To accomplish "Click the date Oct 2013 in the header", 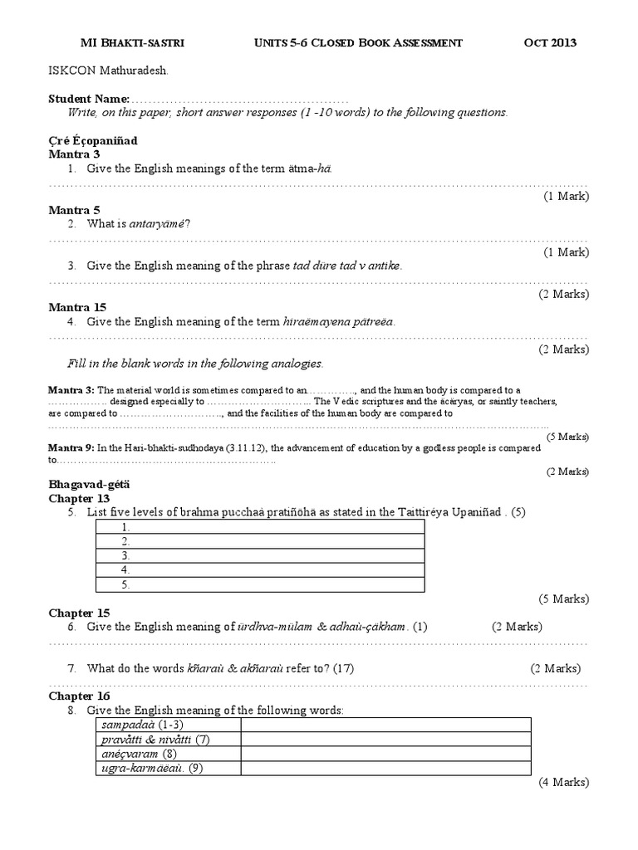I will [550, 43].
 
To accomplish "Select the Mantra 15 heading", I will [76, 307].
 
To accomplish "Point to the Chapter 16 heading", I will [79, 696].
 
